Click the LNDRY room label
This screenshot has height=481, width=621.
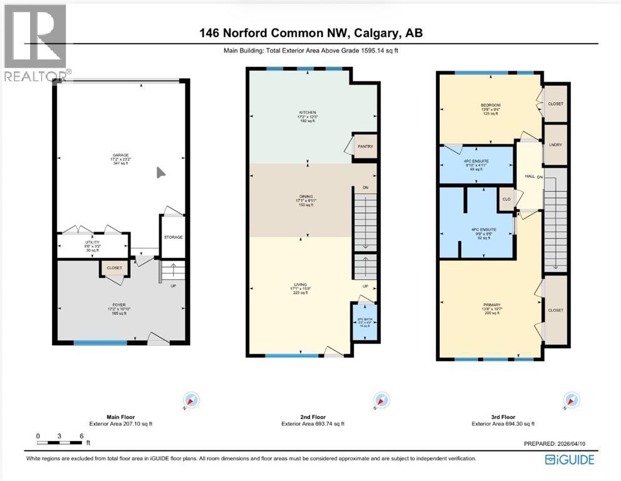[x=555, y=145]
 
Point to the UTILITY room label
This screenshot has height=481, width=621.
[x=92, y=242]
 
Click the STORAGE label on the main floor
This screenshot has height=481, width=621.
[x=174, y=237]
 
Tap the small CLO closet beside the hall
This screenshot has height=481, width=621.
[x=506, y=200]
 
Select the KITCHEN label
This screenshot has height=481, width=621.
[x=307, y=113]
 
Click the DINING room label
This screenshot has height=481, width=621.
[x=306, y=196]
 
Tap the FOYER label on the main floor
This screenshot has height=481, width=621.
[x=119, y=305]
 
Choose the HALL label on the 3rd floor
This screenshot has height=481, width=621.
[x=529, y=177]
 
